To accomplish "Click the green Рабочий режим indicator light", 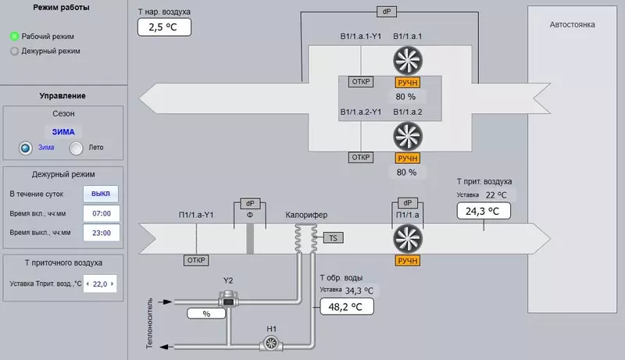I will click(x=14, y=36).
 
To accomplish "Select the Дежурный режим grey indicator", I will click(x=14, y=51).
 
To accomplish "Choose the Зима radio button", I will click(x=26, y=148).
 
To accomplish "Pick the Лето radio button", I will click(x=77, y=148).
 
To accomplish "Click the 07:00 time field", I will click(x=102, y=212).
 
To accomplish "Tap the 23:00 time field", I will click(x=102, y=233).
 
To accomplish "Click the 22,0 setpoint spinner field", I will click(x=99, y=284).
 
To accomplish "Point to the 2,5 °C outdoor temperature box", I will click(x=164, y=27).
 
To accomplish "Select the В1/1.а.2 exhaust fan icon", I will click(x=406, y=136).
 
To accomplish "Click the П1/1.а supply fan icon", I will click(x=406, y=238).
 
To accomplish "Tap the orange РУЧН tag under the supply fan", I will click(x=407, y=260).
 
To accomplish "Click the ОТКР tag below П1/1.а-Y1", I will click(x=195, y=260).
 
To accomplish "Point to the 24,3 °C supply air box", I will click(x=483, y=211).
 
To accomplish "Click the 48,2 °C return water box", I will click(x=347, y=307).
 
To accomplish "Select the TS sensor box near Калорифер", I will click(x=332, y=236).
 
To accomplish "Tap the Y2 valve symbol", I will click(x=227, y=298).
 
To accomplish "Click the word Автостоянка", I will click(x=572, y=25).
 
